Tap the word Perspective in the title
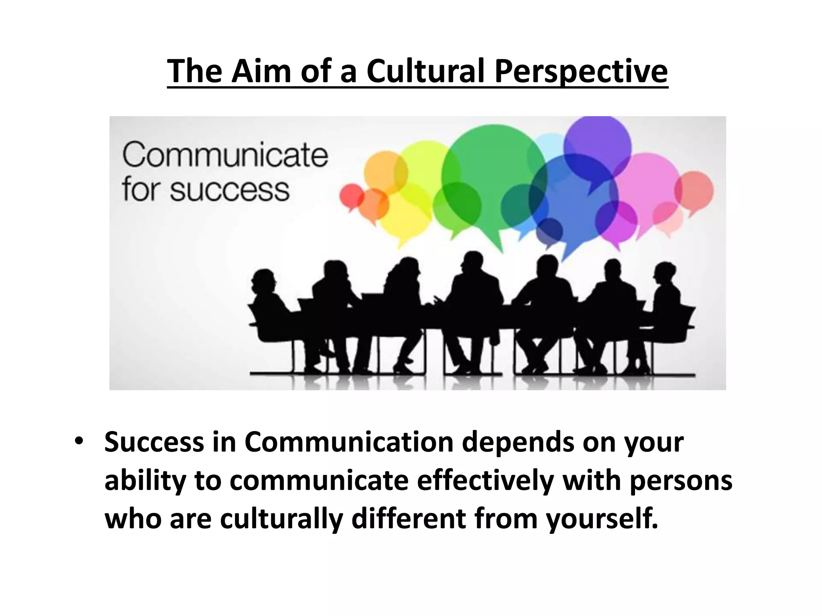(x=581, y=71)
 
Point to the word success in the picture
(x=230, y=190)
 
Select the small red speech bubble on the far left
(x=352, y=197)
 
